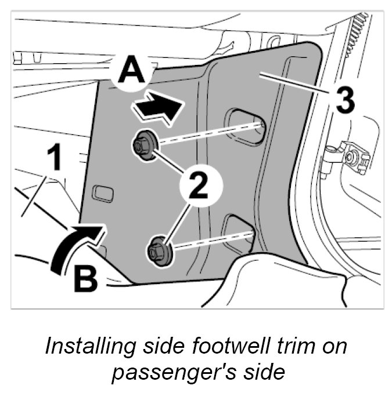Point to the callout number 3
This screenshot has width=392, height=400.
pyautogui.click(x=343, y=101)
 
